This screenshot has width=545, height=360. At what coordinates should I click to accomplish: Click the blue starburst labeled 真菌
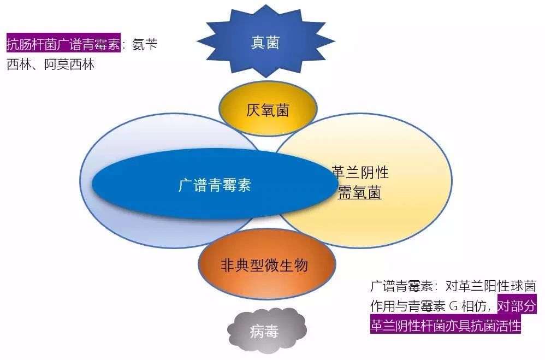(x=266, y=42)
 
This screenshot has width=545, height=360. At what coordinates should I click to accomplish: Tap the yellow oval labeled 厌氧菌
(x=268, y=109)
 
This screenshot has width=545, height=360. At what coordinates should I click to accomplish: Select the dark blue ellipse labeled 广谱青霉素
(x=215, y=184)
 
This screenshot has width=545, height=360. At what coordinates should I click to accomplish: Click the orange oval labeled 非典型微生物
(x=267, y=264)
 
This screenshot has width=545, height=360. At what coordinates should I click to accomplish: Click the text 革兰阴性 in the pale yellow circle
(x=360, y=172)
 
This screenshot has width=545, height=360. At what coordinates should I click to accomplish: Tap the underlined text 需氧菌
(x=360, y=192)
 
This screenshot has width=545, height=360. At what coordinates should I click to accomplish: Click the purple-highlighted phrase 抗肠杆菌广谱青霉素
(x=63, y=44)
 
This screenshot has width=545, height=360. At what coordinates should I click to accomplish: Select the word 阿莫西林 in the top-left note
(x=69, y=64)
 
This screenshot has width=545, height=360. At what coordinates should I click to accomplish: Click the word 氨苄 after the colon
(x=145, y=44)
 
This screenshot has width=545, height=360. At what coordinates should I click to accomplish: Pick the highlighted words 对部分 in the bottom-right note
(x=517, y=306)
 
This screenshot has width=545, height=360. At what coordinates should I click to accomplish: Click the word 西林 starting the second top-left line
(x=20, y=64)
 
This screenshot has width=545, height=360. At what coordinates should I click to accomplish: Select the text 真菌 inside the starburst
(x=265, y=43)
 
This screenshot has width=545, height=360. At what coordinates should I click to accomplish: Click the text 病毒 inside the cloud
(x=264, y=332)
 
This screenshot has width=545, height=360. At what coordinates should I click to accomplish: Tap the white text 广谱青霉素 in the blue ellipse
(x=215, y=185)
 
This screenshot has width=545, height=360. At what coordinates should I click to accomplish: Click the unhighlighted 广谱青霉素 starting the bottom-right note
(x=402, y=286)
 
